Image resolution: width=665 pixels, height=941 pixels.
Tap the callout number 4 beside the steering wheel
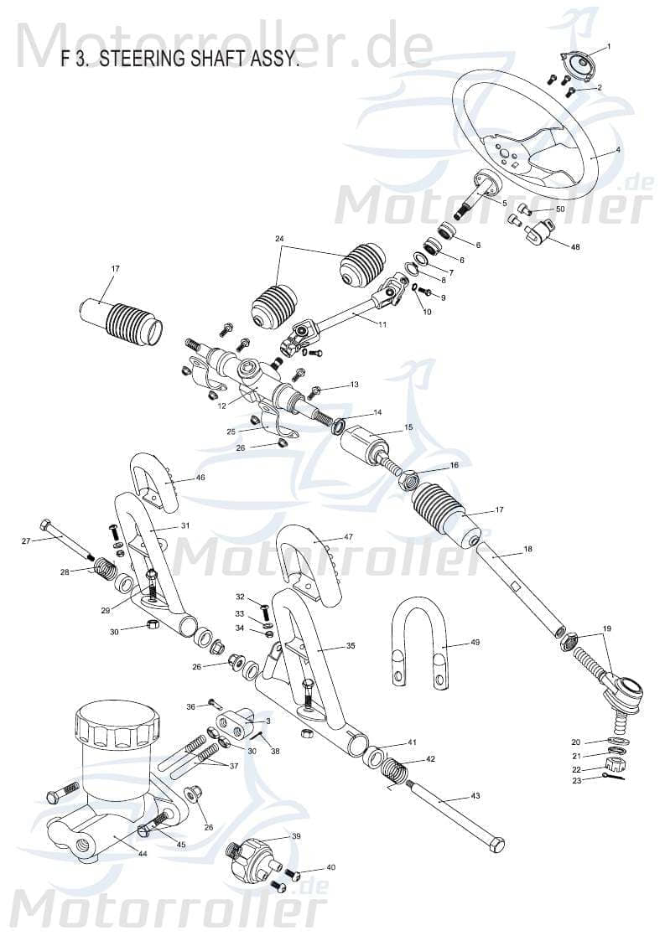pos(618,151)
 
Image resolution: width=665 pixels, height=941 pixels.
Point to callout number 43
pos(475,796)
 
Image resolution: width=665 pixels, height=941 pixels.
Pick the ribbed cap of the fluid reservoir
pos(115,722)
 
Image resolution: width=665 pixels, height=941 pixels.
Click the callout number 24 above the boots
pos(279,239)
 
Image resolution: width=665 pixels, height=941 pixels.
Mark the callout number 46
pos(200,478)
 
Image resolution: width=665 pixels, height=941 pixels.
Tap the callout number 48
pos(574,248)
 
